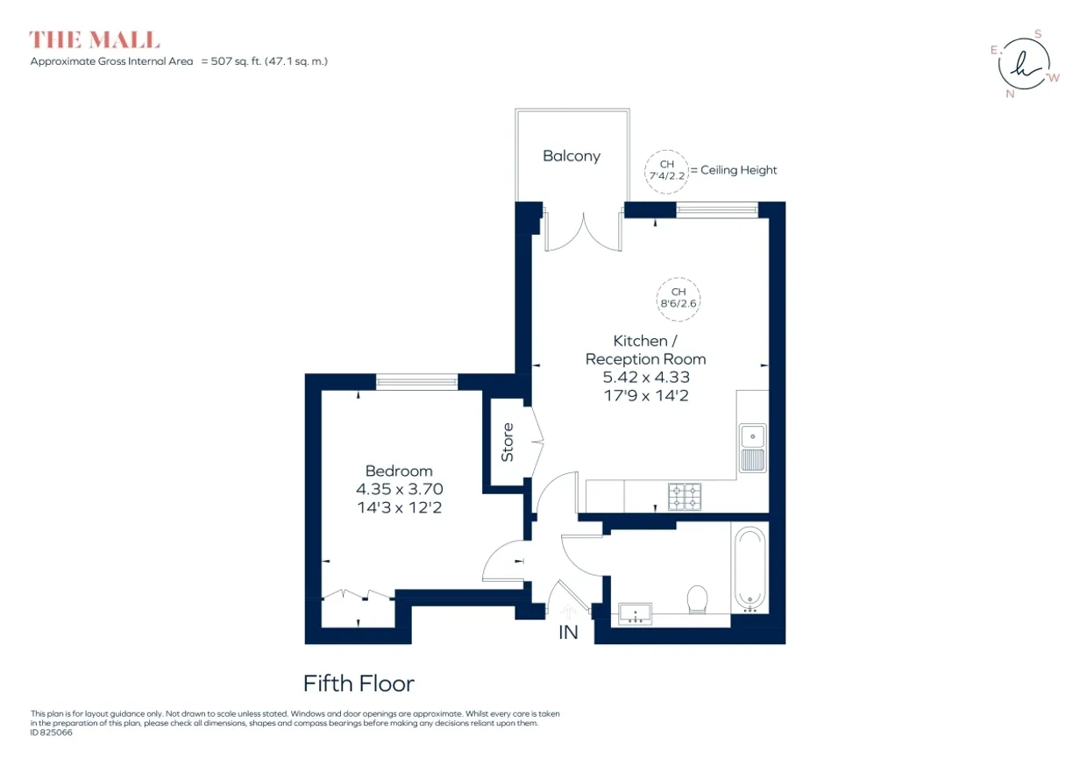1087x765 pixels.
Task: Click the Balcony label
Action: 572,156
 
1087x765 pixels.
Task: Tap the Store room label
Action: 507,442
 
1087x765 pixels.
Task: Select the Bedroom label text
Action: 399,471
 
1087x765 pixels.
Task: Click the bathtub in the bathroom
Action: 750,569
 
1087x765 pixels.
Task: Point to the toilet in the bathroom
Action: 697,599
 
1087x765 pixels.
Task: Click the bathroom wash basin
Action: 636,613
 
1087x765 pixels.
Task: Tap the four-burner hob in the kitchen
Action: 685,496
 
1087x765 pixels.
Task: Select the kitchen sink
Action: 753,449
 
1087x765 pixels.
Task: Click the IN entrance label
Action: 568,633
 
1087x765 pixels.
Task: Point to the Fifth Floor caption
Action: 359,684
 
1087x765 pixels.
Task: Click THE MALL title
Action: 95,39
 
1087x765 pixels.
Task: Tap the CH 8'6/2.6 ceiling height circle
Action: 678,299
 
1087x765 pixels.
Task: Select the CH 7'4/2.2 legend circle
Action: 667,172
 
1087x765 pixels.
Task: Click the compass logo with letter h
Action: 1024,64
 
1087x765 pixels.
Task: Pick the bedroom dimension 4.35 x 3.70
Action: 400,489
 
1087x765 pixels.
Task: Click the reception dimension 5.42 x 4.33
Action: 646,377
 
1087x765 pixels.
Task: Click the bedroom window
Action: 417,382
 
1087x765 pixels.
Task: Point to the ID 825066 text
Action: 52,733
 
